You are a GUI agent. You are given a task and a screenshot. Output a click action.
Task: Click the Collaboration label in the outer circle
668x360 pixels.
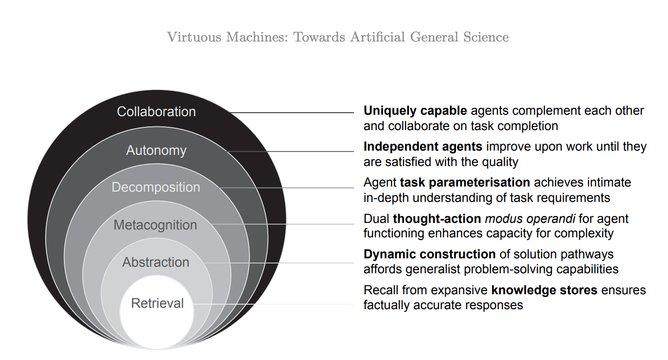(x=156, y=112)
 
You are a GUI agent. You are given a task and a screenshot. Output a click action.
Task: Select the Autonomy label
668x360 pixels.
(x=156, y=151)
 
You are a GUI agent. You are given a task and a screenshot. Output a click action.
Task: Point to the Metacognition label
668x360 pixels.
(x=155, y=225)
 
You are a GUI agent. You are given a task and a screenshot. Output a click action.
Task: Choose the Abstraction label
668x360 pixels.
(x=156, y=262)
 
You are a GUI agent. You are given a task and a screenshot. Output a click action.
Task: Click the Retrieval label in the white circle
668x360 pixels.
(x=158, y=304)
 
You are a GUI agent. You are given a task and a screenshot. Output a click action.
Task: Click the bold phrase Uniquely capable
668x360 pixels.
(x=415, y=111)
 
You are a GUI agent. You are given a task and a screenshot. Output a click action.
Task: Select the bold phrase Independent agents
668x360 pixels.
(x=423, y=147)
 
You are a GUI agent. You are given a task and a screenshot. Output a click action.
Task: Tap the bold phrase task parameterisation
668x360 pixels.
(x=465, y=183)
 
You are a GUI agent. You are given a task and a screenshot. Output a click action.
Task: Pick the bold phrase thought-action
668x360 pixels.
(x=437, y=219)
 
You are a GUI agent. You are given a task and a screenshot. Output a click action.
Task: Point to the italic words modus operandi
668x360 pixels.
(x=530, y=219)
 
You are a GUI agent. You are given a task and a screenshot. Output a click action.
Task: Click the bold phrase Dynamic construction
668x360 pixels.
(x=430, y=255)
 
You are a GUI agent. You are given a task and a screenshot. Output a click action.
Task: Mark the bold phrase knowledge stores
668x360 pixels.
(x=544, y=290)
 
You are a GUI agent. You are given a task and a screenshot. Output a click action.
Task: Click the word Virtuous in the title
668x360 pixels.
(x=194, y=37)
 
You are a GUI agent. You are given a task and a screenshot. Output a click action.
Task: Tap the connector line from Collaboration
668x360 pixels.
(x=292, y=113)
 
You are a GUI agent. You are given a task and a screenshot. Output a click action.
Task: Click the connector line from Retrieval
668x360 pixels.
(x=272, y=304)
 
